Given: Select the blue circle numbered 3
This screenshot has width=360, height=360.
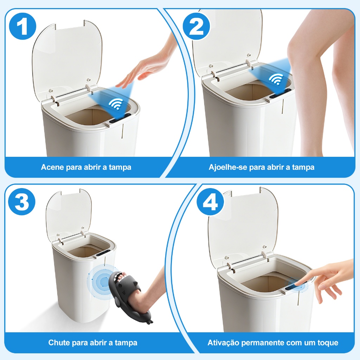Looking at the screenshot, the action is coord(22,201).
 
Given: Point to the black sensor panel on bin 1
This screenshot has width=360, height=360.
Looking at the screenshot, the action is coord(120,118).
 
